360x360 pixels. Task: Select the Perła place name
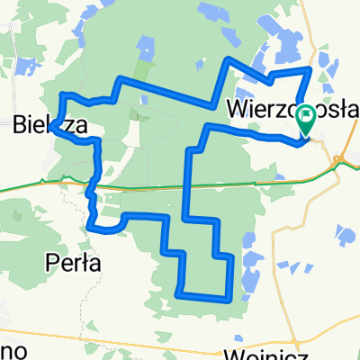(72, 262)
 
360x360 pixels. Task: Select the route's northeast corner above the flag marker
(310, 69)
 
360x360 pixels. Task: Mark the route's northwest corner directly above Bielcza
(61, 94)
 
